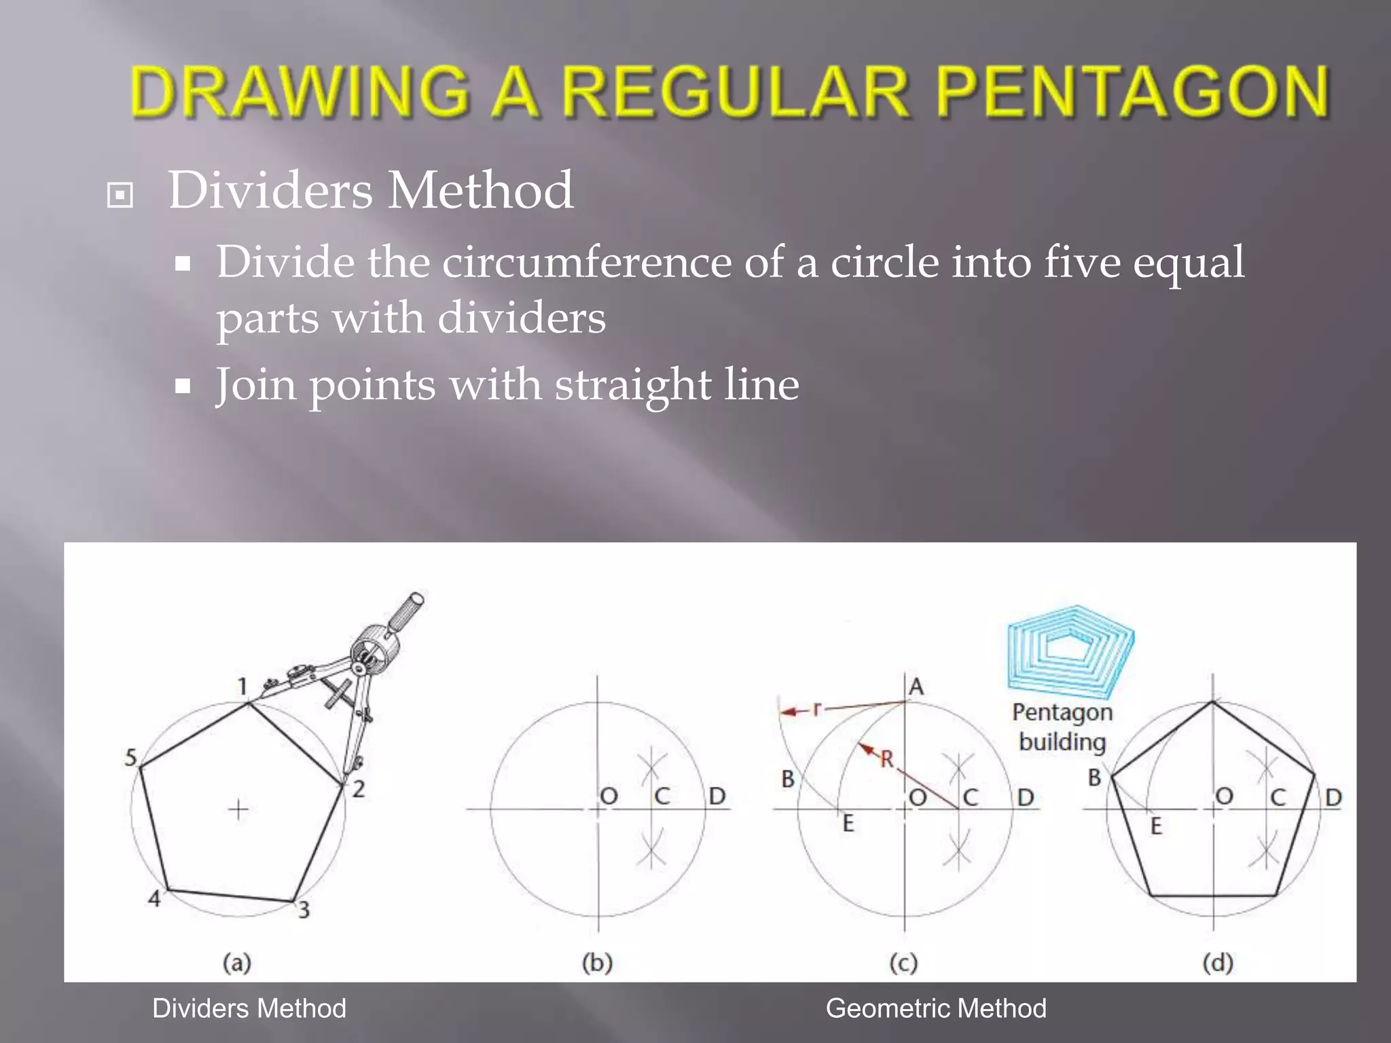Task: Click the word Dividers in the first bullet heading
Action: coord(270,190)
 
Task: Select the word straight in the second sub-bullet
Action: coord(632,385)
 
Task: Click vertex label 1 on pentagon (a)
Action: coord(242,687)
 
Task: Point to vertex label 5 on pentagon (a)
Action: coord(131,757)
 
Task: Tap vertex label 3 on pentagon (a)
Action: coord(304,910)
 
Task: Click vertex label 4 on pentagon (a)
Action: coord(155,898)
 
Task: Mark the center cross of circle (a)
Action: coord(238,809)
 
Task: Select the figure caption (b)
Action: coord(597,963)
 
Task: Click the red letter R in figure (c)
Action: coord(887,759)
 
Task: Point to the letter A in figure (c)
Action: coord(916,687)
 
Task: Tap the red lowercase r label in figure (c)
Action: coord(817,709)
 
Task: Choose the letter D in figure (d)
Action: coord(1333,797)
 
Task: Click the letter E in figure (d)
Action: coord(1156,826)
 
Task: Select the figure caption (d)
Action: coord(1217,963)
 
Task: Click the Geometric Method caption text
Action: coord(935,1008)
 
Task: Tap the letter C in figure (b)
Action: coord(662,796)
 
